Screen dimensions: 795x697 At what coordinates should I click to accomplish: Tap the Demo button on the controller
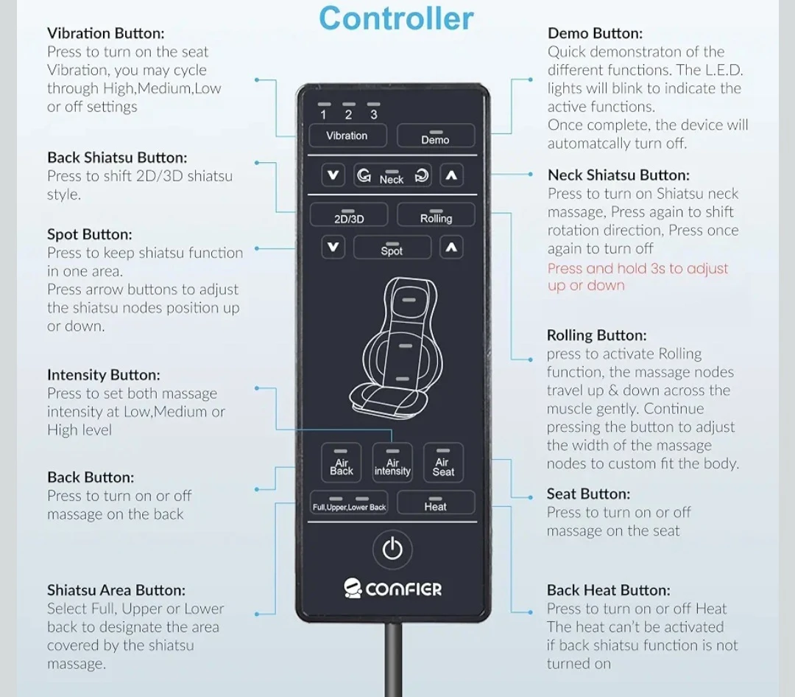[x=436, y=136]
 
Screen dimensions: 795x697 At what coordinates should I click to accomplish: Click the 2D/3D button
[x=349, y=214]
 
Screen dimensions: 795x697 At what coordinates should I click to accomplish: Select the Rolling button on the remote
[x=436, y=214]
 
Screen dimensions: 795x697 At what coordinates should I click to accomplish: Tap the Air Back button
[x=342, y=463]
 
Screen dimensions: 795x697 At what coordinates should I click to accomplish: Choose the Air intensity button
[x=392, y=463]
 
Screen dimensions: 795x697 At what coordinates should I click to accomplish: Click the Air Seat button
[x=443, y=463]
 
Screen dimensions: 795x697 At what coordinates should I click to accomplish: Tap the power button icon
[x=392, y=550]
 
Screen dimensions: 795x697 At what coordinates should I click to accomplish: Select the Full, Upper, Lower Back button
[x=349, y=502]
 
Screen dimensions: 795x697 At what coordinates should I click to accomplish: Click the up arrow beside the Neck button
[x=451, y=175]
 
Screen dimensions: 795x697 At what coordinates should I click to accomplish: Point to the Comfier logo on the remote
[x=392, y=589]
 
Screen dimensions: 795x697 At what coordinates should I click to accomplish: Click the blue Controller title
[x=397, y=18]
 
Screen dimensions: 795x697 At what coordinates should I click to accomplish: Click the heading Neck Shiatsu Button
[x=618, y=175]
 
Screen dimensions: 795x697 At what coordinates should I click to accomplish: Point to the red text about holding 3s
[x=637, y=277]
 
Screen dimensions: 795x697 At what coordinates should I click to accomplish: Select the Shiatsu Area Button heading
[x=116, y=590]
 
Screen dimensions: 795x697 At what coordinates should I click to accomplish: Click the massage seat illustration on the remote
[x=396, y=348]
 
